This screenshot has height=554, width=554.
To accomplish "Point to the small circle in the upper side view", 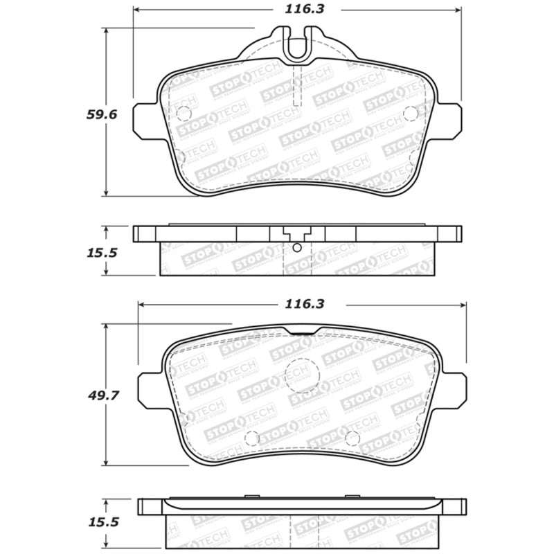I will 297,248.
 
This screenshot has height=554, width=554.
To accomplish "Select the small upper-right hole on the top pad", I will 409,114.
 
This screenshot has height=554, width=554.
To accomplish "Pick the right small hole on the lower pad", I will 352,438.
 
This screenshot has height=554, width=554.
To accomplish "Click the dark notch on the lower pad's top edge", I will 302,332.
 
